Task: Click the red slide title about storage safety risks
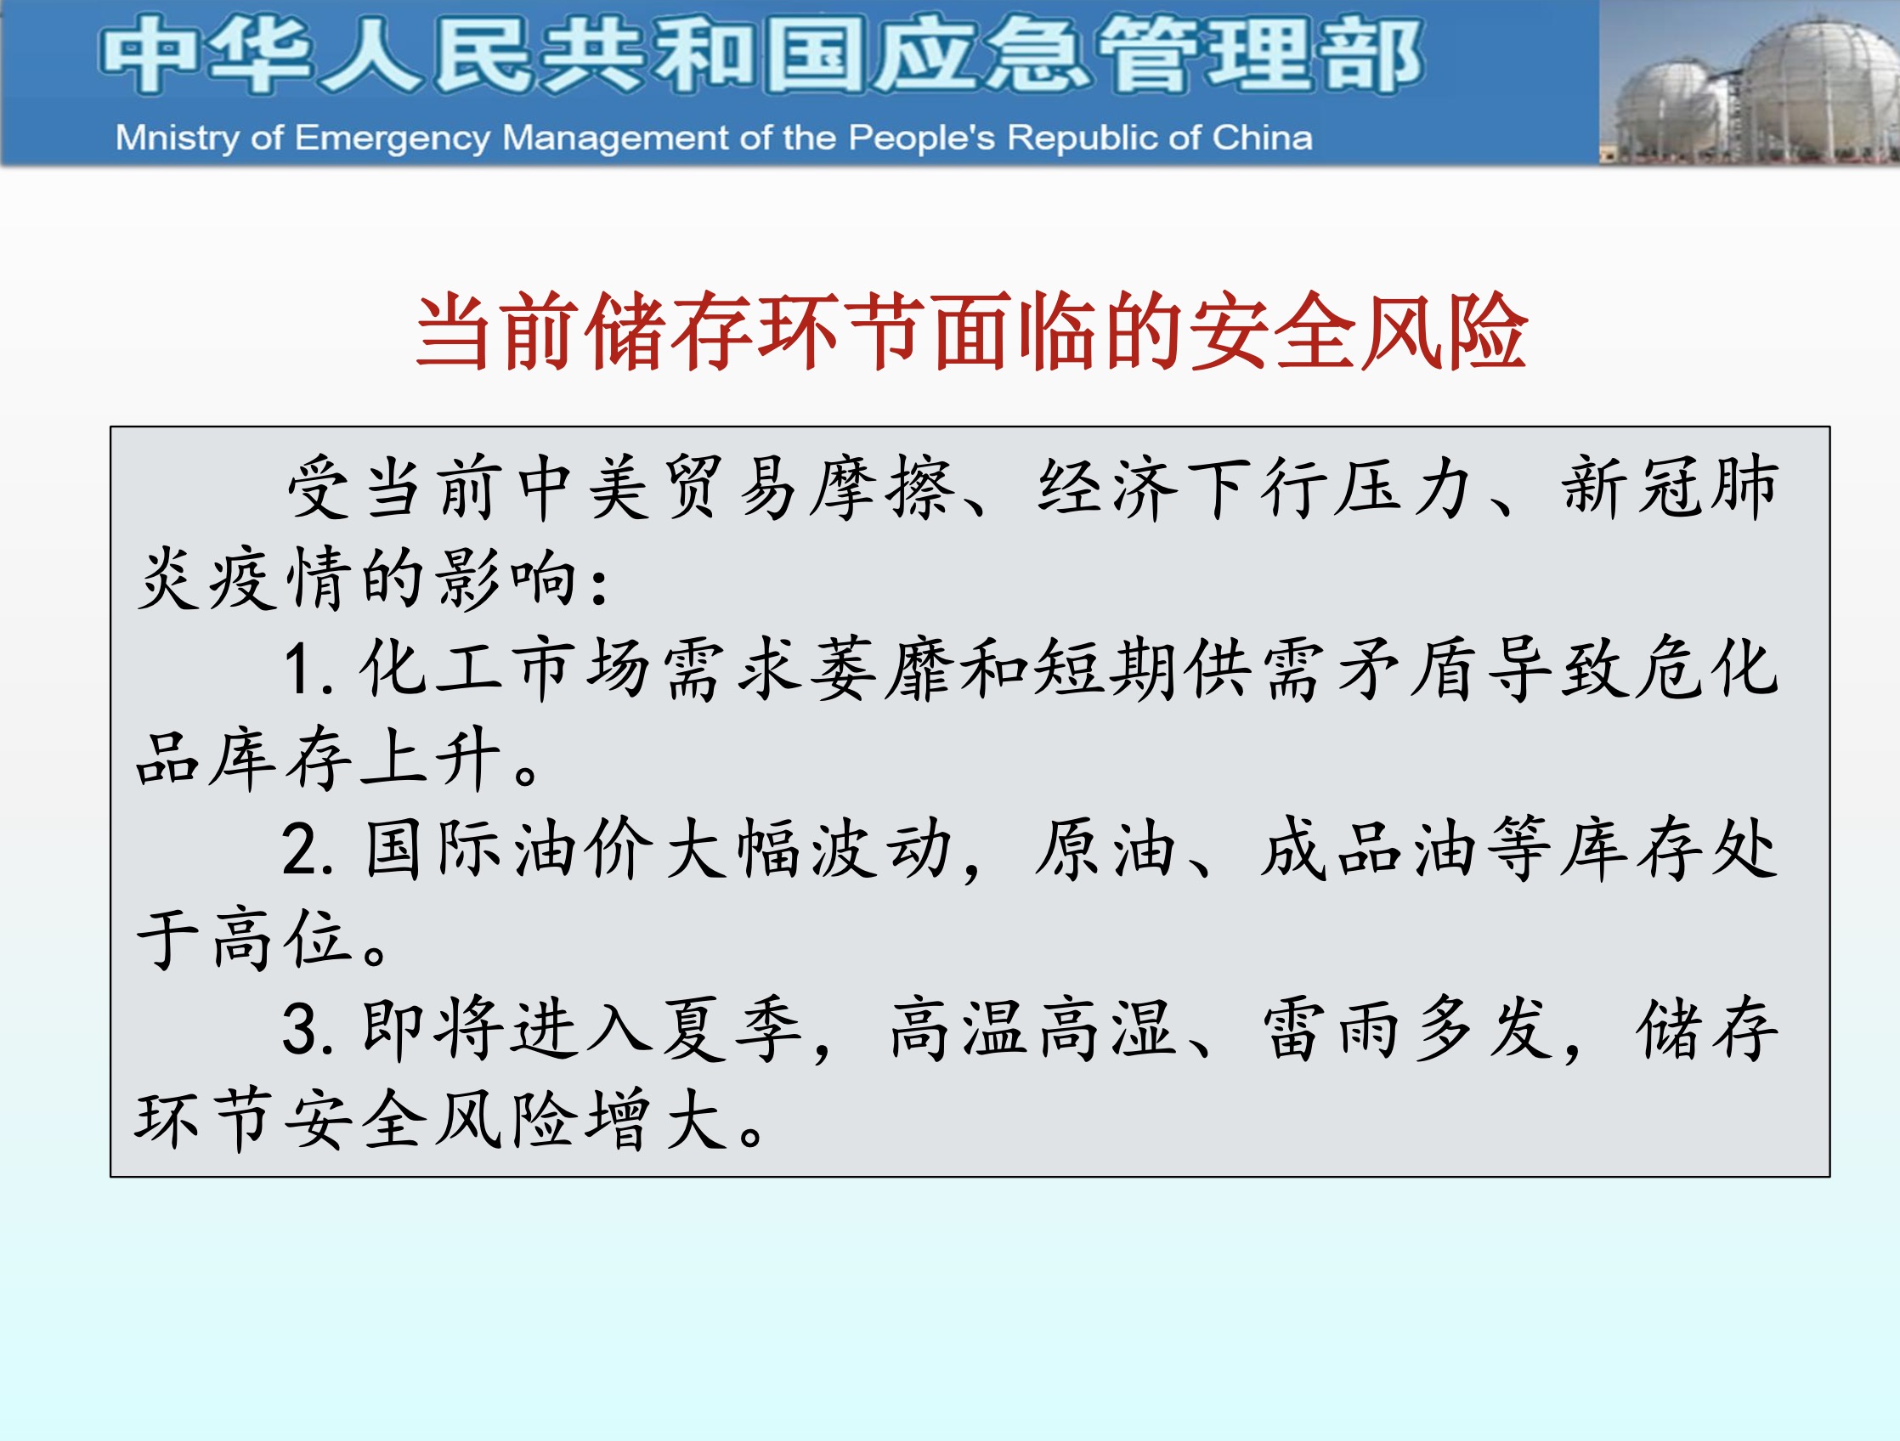tap(971, 331)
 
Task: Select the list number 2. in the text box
tap(308, 850)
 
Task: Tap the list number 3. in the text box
tap(308, 1031)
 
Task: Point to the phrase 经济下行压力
tap(1255, 488)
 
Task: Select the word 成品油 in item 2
tap(1370, 850)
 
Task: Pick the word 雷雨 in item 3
tap(1332, 1031)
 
